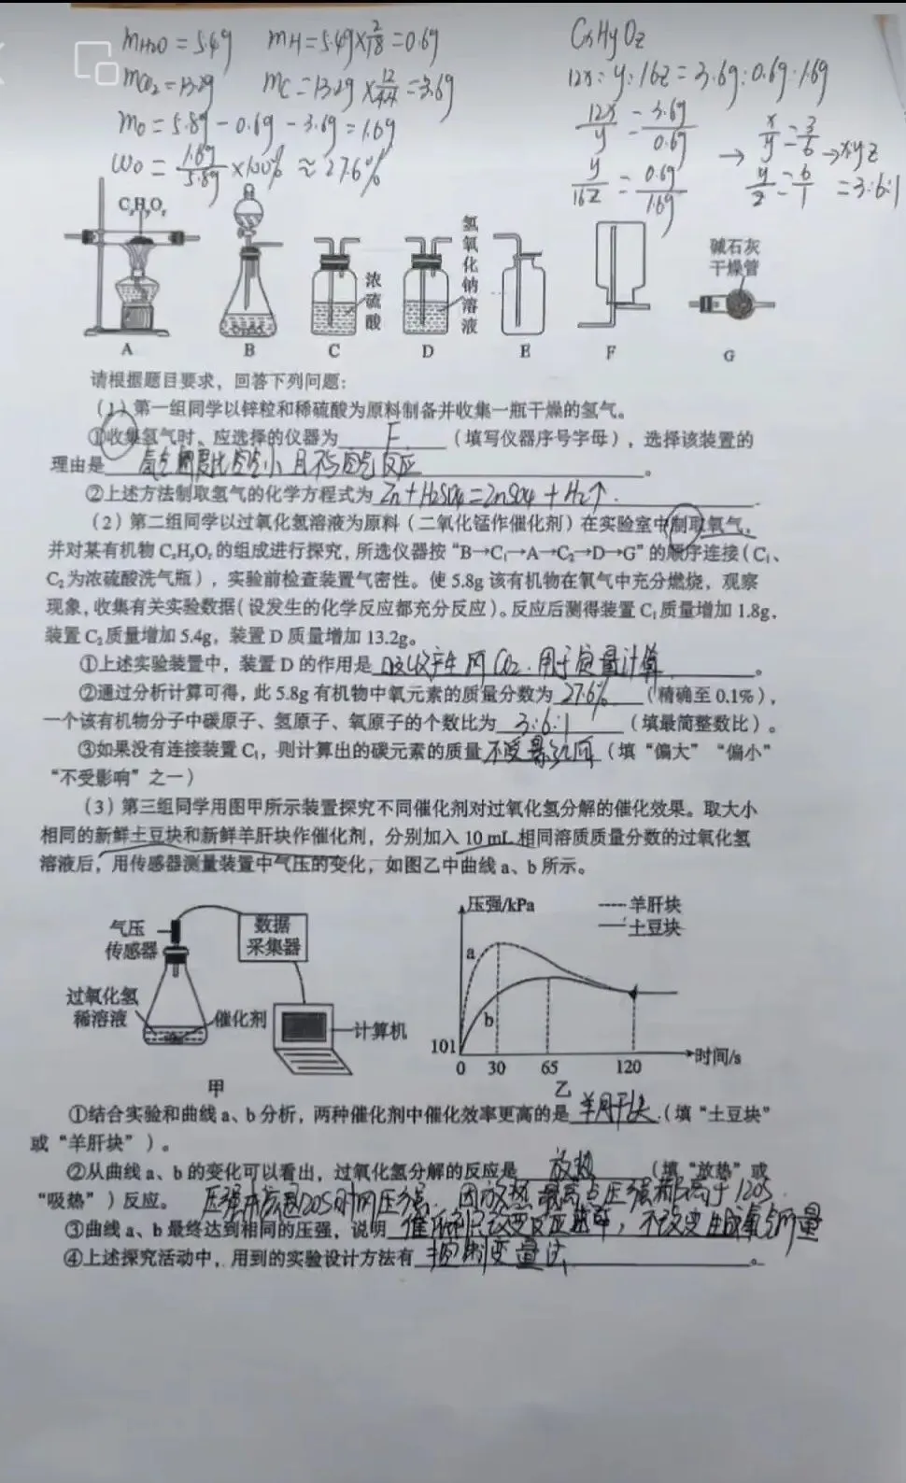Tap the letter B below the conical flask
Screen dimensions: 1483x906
point(249,350)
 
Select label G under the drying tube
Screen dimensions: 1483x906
point(729,355)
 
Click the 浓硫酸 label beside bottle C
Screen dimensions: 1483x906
point(374,301)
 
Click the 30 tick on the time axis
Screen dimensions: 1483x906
point(496,1067)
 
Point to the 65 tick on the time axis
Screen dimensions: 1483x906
point(549,1067)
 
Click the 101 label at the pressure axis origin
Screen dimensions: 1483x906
point(443,1046)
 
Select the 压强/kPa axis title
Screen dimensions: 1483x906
point(500,905)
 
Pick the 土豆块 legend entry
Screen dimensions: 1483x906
point(654,926)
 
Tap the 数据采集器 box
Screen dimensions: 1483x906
point(272,935)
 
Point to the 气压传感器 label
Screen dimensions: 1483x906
point(132,939)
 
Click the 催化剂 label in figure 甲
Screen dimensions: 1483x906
point(240,1019)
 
